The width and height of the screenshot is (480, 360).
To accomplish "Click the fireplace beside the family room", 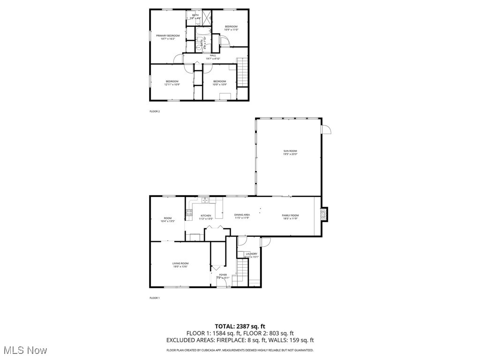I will [323, 214].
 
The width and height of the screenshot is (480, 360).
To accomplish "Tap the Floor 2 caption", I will [155, 112].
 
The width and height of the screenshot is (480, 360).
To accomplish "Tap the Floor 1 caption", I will [155, 298].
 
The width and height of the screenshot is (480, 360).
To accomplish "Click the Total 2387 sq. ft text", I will [240, 326].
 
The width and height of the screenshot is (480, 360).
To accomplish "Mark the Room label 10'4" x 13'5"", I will [167, 219].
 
